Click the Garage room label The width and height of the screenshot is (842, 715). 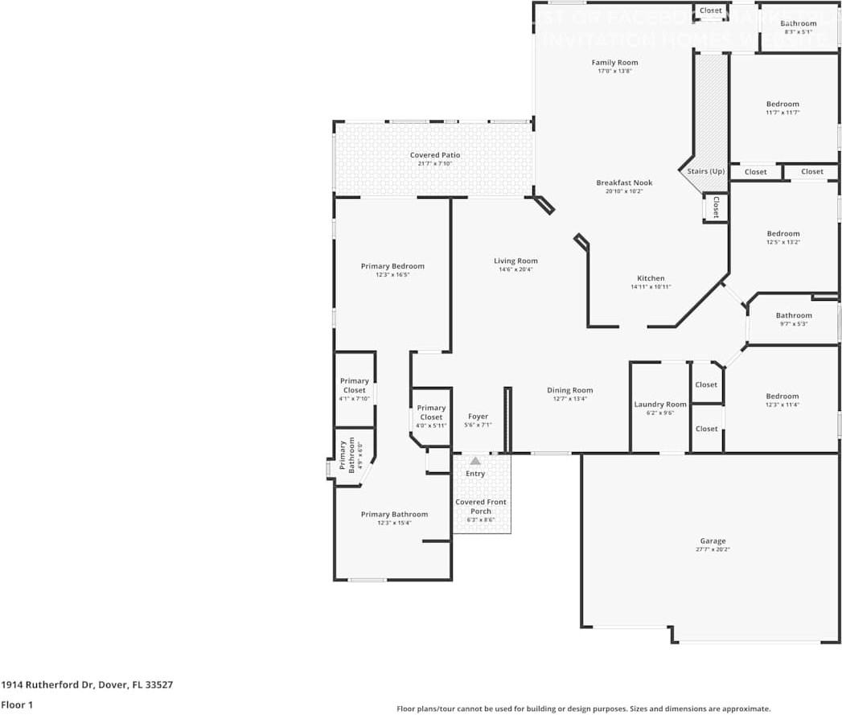[x=713, y=541]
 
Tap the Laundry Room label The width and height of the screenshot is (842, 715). [x=660, y=405]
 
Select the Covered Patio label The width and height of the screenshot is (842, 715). [x=435, y=155]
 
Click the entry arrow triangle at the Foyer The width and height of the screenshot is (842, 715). [x=475, y=461]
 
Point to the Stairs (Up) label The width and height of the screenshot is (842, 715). [x=705, y=171]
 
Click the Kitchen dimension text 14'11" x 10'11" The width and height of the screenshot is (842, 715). [x=651, y=287]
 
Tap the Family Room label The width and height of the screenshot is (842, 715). [x=614, y=63]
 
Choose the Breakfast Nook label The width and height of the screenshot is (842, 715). [x=624, y=183]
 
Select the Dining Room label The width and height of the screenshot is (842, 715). [x=570, y=391]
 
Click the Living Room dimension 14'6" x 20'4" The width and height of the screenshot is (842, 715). [x=515, y=269]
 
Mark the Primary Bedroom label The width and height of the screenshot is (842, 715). [x=392, y=266]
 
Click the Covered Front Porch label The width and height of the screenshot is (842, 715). [x=481, y=507]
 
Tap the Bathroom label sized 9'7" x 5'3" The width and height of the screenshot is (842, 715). [x=794, y=315]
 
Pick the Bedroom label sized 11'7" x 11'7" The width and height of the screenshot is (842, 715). [x=782, y=104]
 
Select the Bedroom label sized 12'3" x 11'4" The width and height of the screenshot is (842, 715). [x=782, y=396]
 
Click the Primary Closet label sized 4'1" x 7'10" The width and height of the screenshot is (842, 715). [x=355, y=385]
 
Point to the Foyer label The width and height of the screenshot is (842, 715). [x=478, y=417]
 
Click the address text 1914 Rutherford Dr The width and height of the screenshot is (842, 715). [x=47, y=685]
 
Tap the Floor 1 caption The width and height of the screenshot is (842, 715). [x=17, y=705]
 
